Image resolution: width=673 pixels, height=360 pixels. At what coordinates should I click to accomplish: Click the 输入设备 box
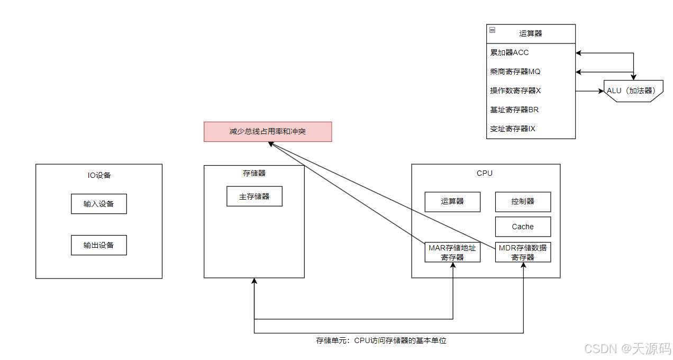(x=99, y=204)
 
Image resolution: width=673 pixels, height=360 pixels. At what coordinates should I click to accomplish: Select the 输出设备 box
(x=99, y=245)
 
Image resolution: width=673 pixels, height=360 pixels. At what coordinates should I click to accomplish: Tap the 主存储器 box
(x=254, y=196)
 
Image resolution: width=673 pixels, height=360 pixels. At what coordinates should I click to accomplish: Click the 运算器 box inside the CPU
(x=452, y=202)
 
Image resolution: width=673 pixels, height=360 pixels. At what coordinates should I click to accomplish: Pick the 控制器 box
(x=523, y=202)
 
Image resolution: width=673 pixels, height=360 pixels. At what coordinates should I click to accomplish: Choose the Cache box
(x=523, y=227)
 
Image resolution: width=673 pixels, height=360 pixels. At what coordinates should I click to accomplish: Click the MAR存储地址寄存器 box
(x=452, y=252)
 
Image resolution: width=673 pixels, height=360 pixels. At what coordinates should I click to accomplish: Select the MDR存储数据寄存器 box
(x=523, y=252)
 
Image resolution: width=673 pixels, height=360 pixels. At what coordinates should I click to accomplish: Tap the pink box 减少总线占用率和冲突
(x=268, y=131)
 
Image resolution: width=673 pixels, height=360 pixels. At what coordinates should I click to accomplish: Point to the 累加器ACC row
(x=531, y=52)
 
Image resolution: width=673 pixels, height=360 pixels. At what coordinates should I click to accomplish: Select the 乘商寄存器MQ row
(x=531, y=71)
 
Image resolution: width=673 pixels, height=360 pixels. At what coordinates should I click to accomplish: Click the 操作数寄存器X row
(x=531, y=91)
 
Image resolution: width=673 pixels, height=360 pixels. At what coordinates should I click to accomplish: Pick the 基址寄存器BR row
(x=531, y=110)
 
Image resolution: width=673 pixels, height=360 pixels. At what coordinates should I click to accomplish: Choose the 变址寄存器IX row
(x=531, y=129)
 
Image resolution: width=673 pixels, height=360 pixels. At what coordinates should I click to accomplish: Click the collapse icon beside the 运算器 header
(x=492, y=30)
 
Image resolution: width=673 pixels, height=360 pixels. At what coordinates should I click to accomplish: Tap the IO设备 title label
(x=99, y=175)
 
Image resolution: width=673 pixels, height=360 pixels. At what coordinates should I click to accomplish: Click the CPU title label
(x=485, y=173)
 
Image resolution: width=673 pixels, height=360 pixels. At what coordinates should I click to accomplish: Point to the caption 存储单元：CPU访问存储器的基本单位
(x=381, y=340)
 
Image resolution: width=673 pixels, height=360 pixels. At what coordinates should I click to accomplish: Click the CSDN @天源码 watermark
(x=627, y=348)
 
